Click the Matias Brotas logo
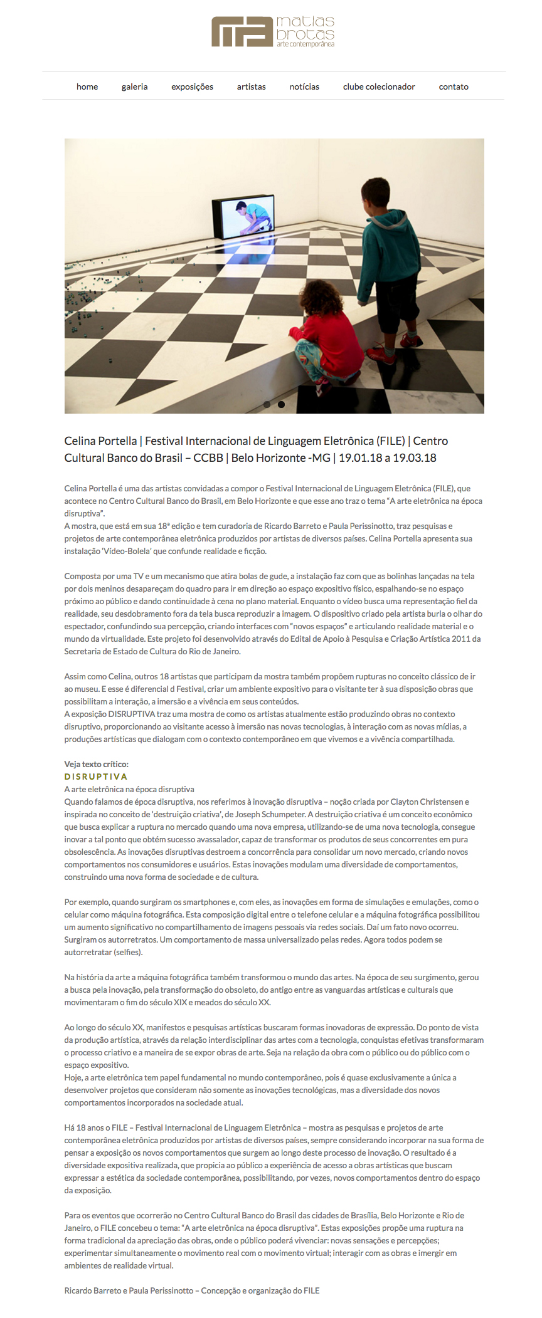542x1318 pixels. pos(273,32)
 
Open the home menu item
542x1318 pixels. pos(87,86)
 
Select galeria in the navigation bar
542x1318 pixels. pos(135,86)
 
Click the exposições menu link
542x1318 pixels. pos(192,86)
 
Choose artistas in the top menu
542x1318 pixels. pos(251,86)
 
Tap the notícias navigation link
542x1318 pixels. pos(304,86)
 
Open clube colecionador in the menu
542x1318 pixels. pos(379,86)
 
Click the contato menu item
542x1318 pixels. pos(454,86)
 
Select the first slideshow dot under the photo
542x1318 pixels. pos(267,404)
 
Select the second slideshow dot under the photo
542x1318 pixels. pos(282,404)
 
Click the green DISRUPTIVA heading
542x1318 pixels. pos(96,777)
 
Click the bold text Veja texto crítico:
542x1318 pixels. pos(96,764)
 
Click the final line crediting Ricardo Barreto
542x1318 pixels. pos(192,1290)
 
